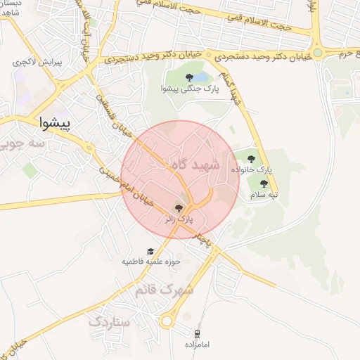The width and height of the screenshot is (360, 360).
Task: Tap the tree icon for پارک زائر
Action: pos(179,207)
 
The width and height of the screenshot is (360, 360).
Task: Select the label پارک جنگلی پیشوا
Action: pos(190,89)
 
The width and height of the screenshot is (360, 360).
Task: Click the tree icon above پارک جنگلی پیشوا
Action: pos(189,77)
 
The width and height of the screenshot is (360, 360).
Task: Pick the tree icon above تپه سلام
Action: pos(264,184)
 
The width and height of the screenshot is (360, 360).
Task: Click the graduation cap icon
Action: pos(150,251)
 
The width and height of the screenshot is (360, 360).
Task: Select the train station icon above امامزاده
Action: pos(198,333)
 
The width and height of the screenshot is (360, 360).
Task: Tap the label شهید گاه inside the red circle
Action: pos(195,164)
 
